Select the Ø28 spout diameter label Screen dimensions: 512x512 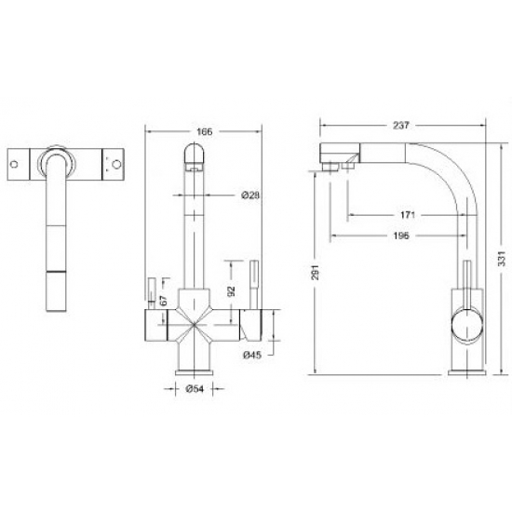point(249,195)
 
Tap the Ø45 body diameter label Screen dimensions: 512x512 point(249,355)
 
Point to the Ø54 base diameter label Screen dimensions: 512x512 point(195,388)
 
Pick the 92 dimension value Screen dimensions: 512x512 point(230,290)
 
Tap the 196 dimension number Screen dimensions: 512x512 point(403,236)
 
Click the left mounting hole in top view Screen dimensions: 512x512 point(16,165)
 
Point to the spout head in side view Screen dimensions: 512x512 point(340,155)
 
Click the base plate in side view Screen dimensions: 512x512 point(462,372)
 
